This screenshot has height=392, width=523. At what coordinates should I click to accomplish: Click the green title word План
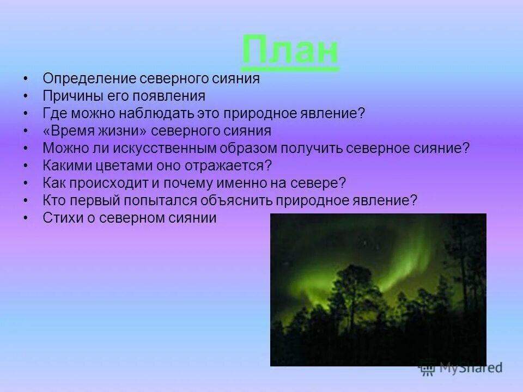tap(290, 51)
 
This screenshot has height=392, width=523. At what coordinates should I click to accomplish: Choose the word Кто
tap(53, 201)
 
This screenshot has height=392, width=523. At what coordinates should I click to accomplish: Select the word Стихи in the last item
tap(59, 218)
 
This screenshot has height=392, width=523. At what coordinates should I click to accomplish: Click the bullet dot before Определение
tap(26, 79)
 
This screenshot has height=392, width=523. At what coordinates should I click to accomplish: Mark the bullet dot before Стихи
tap(26, 218)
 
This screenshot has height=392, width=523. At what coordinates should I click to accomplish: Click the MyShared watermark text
tap(472, 368)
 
